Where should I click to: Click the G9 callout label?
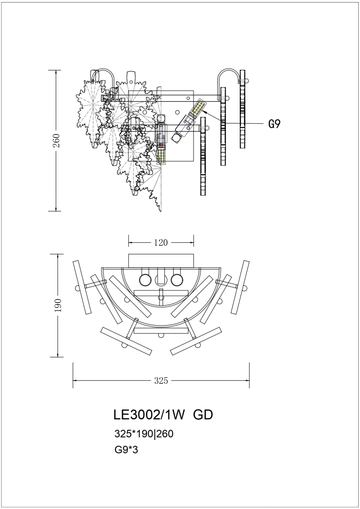[274, 124]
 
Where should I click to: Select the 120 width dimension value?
[161, 243]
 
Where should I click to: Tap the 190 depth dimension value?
[58, 305]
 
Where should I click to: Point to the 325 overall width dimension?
[161, 381]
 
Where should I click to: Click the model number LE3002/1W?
[148, 415]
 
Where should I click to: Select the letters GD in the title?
[203, 415]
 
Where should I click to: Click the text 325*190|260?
[144, 434]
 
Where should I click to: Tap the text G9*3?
[126, 450]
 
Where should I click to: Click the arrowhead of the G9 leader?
[205, 112]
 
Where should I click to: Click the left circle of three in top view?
[145, 280]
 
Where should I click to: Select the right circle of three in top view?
[177, 280]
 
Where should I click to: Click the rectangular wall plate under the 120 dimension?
[161, 261]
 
